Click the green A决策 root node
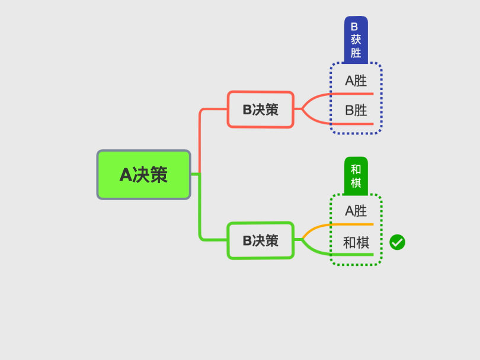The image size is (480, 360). (x=144, y=175)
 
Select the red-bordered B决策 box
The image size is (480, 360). (x=261, y=109)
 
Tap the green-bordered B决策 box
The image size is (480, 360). (x=261, y=240)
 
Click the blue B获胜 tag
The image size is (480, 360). (x=356, y=40)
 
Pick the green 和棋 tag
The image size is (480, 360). (x=356, y=176)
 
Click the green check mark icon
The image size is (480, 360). (x=398, y=242)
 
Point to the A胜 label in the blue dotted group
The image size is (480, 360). (x=356, y=81)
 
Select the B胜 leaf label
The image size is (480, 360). (x=356, y=110)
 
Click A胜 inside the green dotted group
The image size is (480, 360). (x=356, y=211)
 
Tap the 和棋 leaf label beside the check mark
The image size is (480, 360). (x=356, y=243)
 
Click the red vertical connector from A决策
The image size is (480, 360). (x=200, y=141)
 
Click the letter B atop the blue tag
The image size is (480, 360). (x=354, y=27)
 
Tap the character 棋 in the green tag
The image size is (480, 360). (x=356, y=182)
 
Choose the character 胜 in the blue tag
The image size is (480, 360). (x=356, y=53)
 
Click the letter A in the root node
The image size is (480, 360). (x=126, y=175)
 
